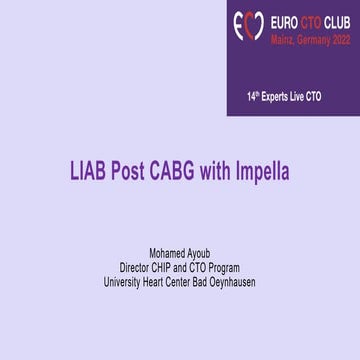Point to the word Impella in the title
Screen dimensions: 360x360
point(263,171)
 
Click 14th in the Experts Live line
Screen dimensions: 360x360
point(254,97)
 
